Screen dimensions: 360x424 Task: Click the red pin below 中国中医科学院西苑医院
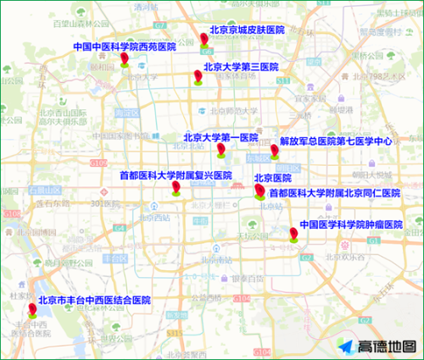coord(125,58)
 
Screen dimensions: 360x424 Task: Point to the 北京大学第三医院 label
coord(240,66)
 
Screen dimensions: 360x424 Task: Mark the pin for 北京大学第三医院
coord(198,77)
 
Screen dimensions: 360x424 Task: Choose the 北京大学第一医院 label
coord(220,137)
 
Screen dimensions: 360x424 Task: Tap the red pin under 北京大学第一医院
coord(220,150)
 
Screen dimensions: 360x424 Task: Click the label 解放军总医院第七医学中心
coord(336,141)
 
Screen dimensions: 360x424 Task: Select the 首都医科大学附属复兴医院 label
coord(176,175)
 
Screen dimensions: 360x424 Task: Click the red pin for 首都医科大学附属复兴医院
coord(176,187)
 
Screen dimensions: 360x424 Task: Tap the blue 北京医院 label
coord(272,178)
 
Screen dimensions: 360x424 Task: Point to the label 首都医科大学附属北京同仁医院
coord(334,193)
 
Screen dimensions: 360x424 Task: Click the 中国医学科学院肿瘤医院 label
coord(350,224)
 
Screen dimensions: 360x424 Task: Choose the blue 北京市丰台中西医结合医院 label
coord(93,300)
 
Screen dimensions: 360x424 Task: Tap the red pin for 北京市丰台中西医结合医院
coord(31,309)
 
